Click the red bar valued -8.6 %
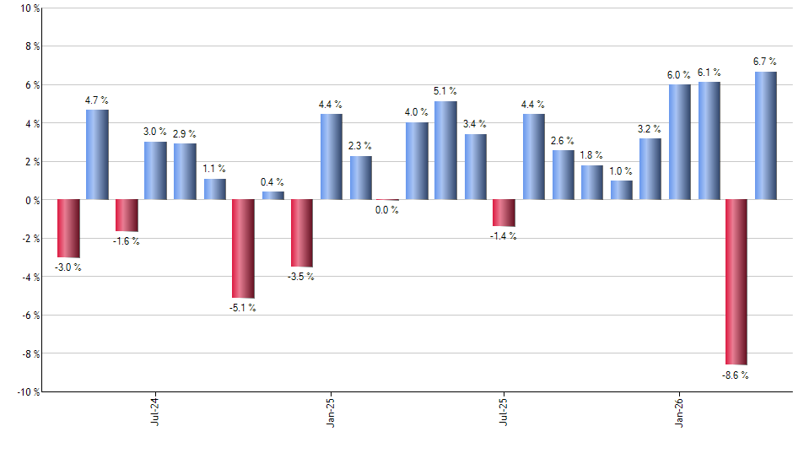tap(736, 282)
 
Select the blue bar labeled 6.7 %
tap(765, 136)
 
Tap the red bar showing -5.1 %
tap(243, 249)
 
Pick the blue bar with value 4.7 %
tap(97, 155)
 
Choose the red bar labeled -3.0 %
tap(68, 229)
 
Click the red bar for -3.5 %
tap(302, 233)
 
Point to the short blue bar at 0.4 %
tap(272, 196)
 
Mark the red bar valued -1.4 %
tap(504, 213)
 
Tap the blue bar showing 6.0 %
tap(679, 143)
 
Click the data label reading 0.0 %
tap(387, 210)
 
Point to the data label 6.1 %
tap(709, 73)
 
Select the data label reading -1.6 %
tap(127, 241)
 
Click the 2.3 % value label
tap(360, 146)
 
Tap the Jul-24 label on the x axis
tap(155, 411)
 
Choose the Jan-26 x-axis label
tap(679, 411)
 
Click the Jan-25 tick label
tap(330, 411)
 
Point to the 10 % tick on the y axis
tap(29, 8)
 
